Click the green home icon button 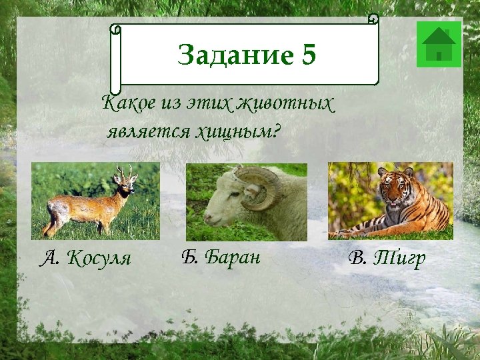click(x=439, y=44)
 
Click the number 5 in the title click(x=307, y=55)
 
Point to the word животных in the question click(x=295, y=105)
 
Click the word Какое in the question click(x=127, y=105)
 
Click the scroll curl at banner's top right click(x=373, y=19)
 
